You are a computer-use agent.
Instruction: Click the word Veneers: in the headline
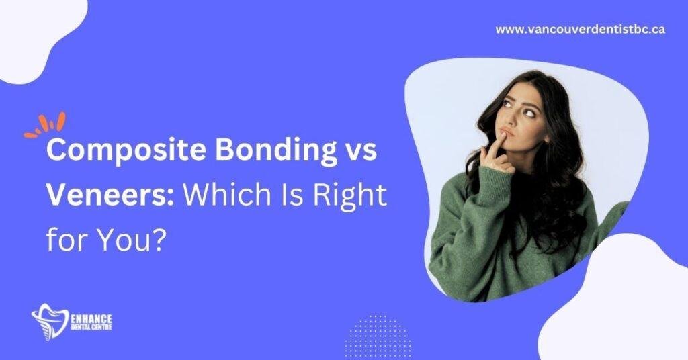pos(110,195)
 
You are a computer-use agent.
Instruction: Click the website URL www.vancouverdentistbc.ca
pos(580,30)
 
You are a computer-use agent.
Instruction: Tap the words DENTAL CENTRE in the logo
pos(91,327)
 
